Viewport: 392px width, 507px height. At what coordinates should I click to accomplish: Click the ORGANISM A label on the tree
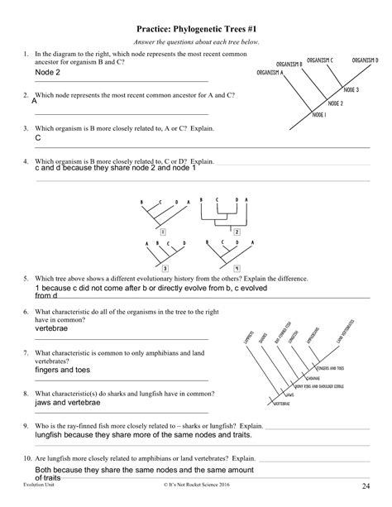point(270,73)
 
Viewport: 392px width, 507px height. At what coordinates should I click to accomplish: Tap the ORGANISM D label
point(365,60)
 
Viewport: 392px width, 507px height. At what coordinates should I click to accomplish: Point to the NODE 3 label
point(351,89)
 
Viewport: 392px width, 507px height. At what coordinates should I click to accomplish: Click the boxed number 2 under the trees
point(237,233)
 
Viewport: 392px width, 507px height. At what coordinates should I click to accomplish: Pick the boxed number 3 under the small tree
point(165,269)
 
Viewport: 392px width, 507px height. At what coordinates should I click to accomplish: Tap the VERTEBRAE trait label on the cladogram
point(284,404)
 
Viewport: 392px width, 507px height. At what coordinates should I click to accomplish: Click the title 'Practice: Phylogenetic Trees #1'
point(195,28)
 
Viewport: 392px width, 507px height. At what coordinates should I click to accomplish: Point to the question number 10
point(28,457)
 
